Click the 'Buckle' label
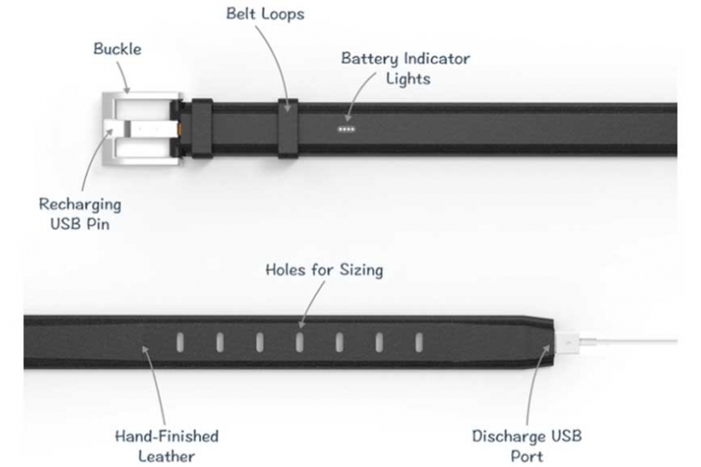pos(117,49)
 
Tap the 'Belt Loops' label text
pos(265,14)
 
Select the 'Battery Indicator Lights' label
pos(406,68)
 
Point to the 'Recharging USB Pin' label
pos(80,214)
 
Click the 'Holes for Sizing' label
pos(324,270)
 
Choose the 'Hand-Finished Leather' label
pos(166,446)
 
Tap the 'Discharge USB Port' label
pos(527,446)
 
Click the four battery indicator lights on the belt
pos(347,129)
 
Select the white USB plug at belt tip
pos(566,343)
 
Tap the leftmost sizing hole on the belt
pos(180,343)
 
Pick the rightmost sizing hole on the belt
pos(419,343)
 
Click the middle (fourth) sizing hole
pos(299,343)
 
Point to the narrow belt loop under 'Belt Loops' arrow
pos(288,128)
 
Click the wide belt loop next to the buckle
pos(202,129)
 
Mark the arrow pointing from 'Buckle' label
pos(122,77)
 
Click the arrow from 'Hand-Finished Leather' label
pos(155,385)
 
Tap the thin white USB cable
pos(628,342)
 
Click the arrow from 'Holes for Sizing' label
pos(312,304)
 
